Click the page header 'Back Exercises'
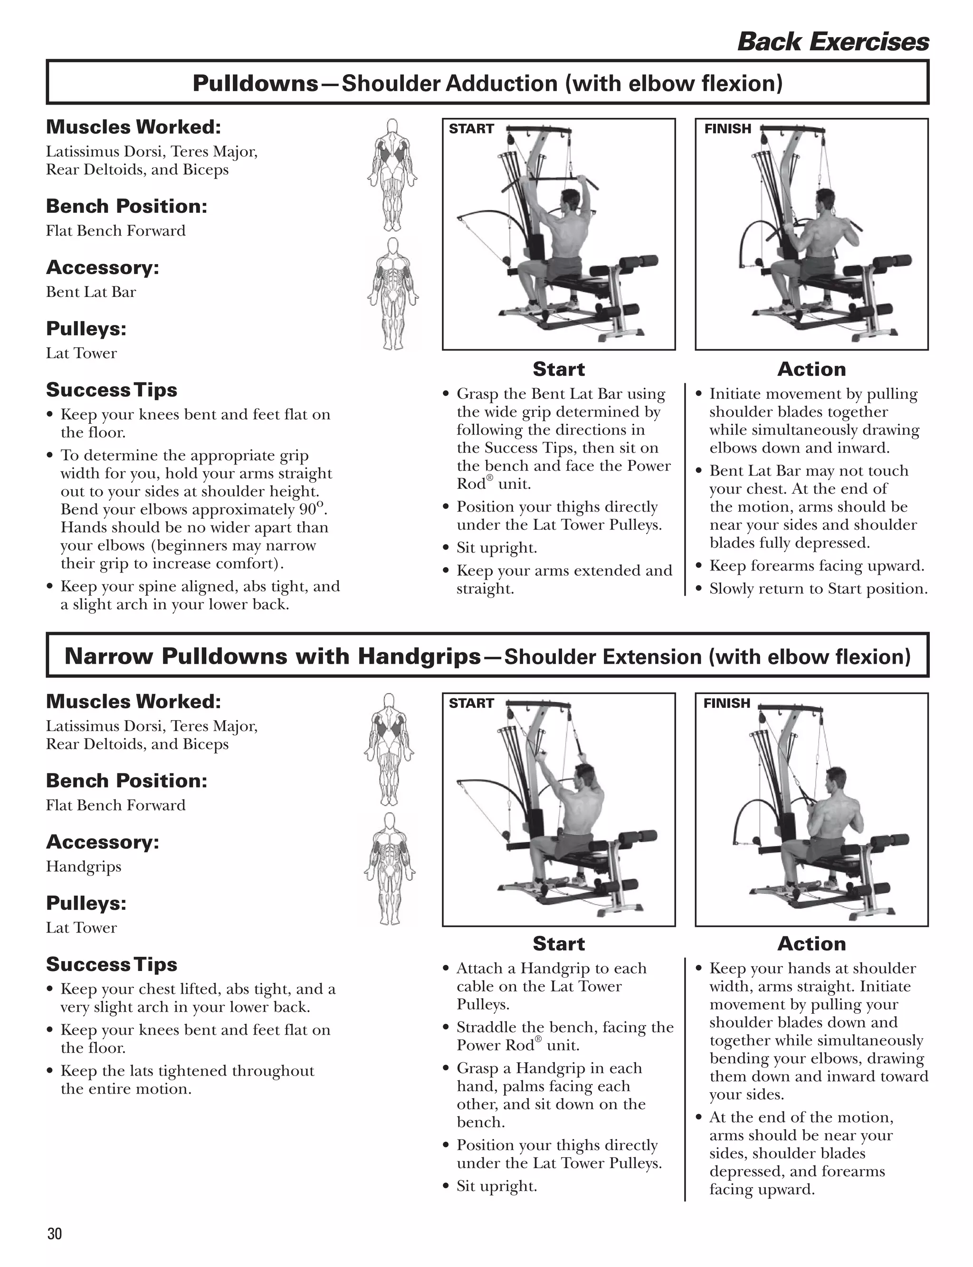tap(832, 42)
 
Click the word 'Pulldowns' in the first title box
tap(256, 84)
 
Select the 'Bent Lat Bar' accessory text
tap(91, 292)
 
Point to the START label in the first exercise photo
tap(471, 129)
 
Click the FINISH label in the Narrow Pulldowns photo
tap(726, 703)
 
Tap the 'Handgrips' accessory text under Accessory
tap(84, 867)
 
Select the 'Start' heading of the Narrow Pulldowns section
tap(558, 943)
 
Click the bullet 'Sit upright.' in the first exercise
tap(496, 548)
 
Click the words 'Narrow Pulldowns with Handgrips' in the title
tap(273, 657)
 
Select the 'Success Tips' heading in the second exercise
tap(111, 964)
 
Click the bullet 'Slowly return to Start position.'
tap(818, 589)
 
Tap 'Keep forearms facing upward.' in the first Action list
tap(816, 566)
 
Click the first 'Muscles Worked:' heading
tap(133, 127)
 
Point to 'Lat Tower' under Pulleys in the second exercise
tap(81, 928)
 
